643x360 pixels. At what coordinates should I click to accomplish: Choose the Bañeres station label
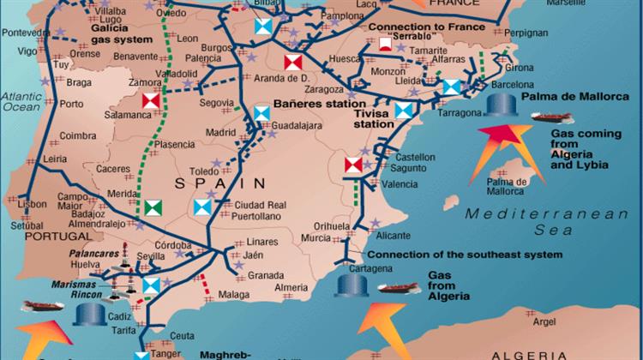(x=312, y=105)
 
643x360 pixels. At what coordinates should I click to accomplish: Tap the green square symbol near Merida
(x=153, y=206)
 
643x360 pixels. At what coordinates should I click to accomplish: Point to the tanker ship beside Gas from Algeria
(x=399, y=290)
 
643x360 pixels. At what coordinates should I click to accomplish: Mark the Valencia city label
(x=400, y=183)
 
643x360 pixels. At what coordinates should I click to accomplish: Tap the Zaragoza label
(x=322, y=87)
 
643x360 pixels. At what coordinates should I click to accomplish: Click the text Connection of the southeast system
(x=464, y=255)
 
